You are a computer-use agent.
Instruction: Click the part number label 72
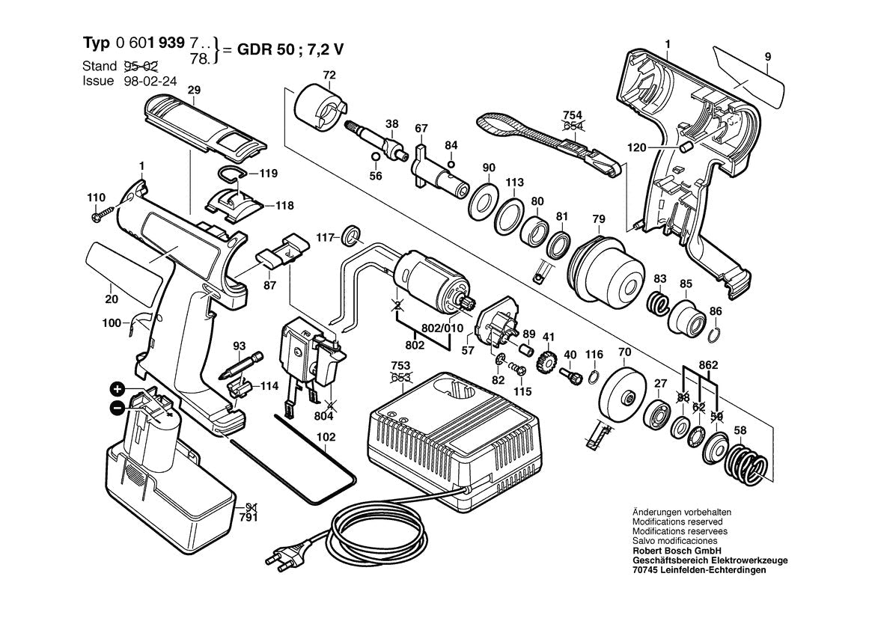329,75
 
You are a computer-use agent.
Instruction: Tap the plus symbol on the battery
118,389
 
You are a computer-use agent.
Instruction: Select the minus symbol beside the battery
118,408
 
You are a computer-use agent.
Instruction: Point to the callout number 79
598,218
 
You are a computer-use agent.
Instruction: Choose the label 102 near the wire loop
326,437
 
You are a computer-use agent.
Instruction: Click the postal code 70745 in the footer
647,569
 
